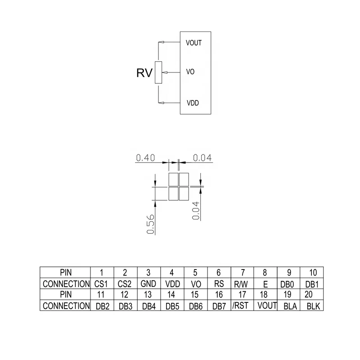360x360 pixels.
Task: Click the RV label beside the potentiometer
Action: (145, 72)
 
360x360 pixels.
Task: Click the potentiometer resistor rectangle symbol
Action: (158, 72)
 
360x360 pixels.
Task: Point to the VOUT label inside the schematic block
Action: (193, 43)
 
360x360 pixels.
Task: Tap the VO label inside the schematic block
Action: (190, 72)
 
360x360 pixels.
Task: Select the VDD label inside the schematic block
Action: (192, 103)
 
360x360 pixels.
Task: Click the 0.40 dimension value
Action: (145, 157)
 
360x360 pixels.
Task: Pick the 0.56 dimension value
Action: (151, 224)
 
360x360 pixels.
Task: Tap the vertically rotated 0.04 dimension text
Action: (196, 210)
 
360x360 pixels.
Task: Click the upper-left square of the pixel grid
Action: (173, 179)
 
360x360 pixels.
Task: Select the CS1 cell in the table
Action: (101, 284)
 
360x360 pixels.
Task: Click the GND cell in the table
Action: (148, 284)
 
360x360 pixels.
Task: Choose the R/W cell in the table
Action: (242, 284)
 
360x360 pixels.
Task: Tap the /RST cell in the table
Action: (242, 306)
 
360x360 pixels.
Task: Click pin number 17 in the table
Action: (242, 295)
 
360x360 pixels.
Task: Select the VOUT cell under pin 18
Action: (265, 306)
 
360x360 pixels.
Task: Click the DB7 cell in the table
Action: (219, 306)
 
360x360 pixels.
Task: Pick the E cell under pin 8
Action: (265, 284)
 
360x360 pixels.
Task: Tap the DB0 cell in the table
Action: (289, 284)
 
